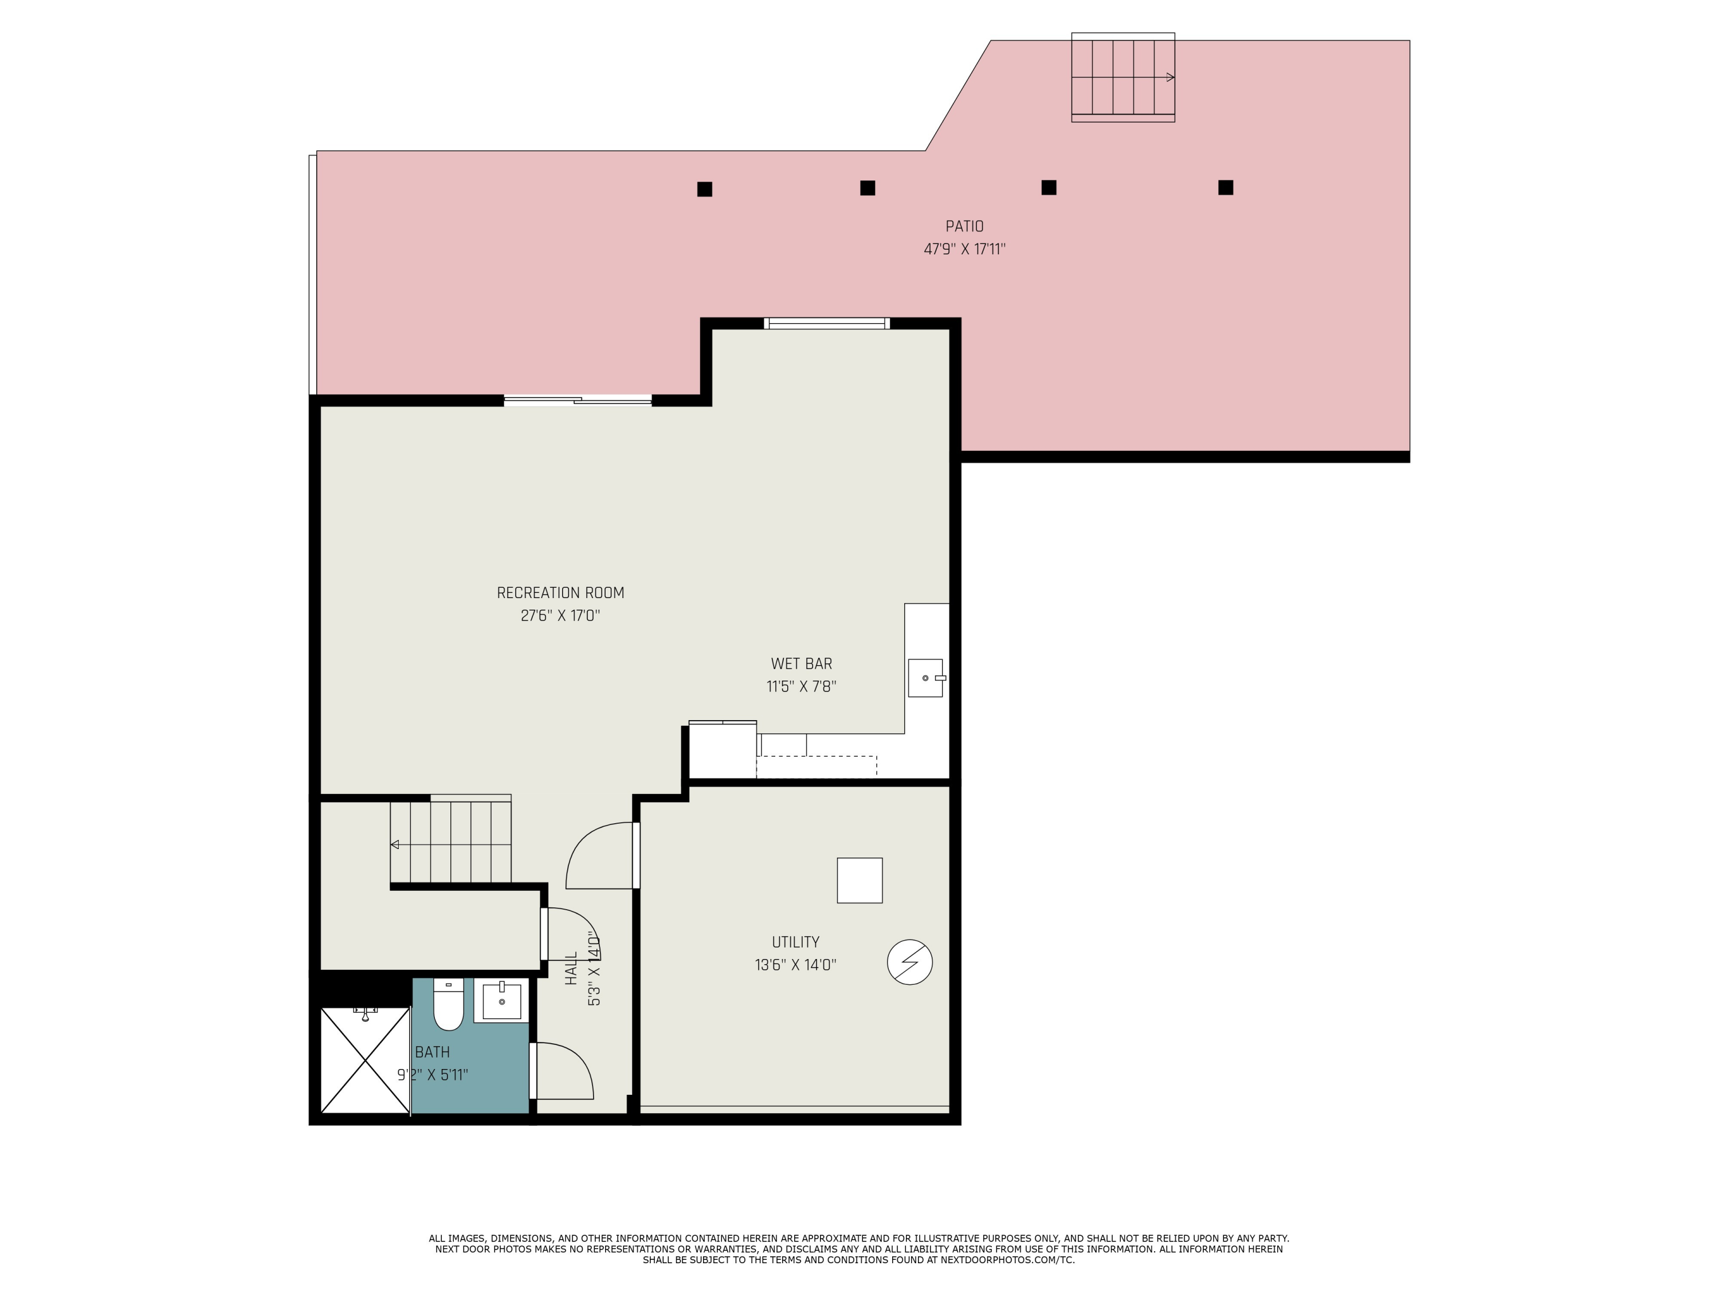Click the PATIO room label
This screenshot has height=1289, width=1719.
click(964, 226)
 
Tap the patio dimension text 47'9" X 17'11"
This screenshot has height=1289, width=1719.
click(964, 249)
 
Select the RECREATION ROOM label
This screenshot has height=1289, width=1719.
click(560, 593)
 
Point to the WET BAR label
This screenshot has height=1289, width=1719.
click(801, 663)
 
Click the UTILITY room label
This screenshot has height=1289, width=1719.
click(795, 942)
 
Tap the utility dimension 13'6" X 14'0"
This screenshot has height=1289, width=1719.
click(795, 965)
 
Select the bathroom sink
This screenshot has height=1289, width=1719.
click(501, 1001)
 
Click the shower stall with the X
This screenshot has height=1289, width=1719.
click(364, 1060)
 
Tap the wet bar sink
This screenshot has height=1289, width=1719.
click(925, 678)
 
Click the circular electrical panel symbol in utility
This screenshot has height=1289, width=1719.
click(909, 962)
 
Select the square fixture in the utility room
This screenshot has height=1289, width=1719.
click(859, 881)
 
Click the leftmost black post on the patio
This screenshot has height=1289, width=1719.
click(704, 189)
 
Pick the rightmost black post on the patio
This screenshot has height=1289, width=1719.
click(1226, 187)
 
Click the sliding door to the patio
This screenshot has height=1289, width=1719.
click(578, 401)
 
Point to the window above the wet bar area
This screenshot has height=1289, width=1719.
click(827, 323)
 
